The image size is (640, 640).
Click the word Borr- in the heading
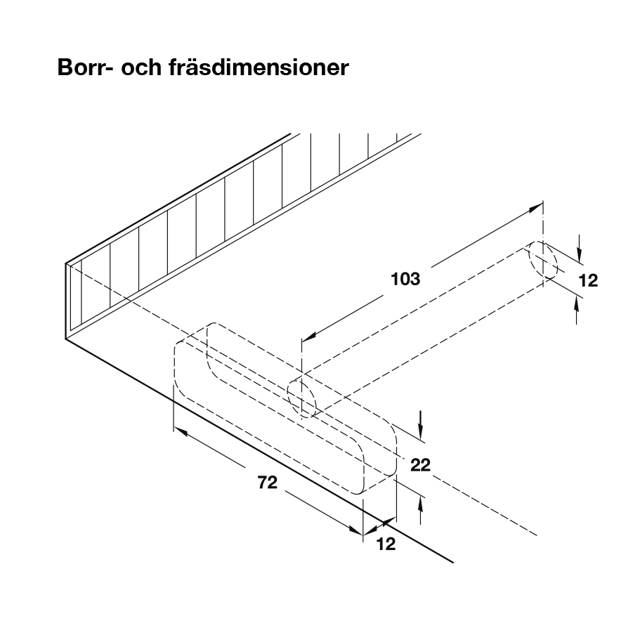click(86, 70)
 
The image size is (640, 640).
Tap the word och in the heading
click(143, 70)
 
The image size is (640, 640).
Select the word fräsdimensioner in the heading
click(259, 70)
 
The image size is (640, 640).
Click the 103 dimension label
click(405, 279)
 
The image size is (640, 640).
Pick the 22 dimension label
click(420, 464)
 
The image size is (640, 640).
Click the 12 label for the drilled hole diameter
click(588, 281)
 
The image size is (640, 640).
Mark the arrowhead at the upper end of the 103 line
click(537, 207)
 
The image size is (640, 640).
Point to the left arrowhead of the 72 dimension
click(179, 431)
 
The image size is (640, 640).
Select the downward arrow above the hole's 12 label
click(577, 252)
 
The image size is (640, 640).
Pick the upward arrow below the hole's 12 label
click(577, 303)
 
